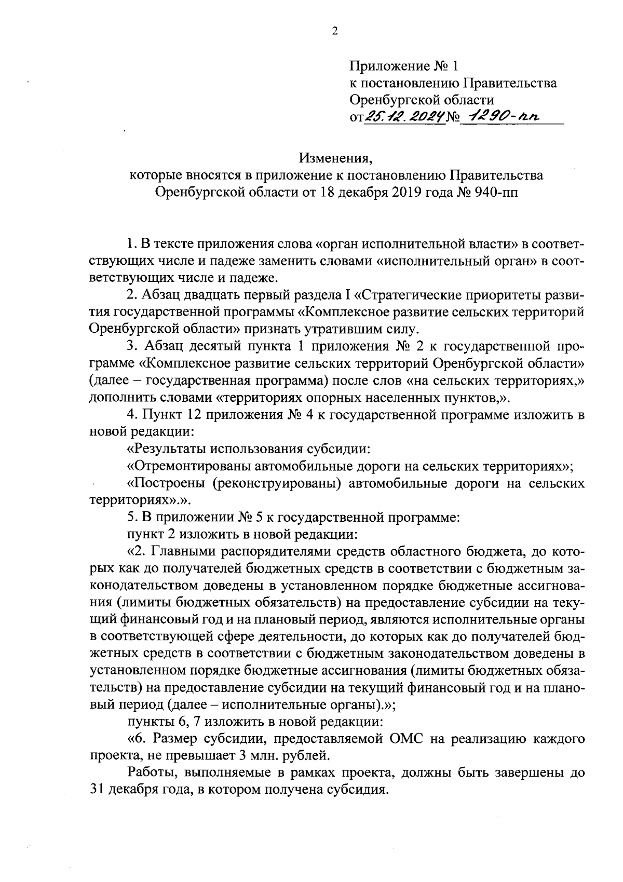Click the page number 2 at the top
coord(334,32)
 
